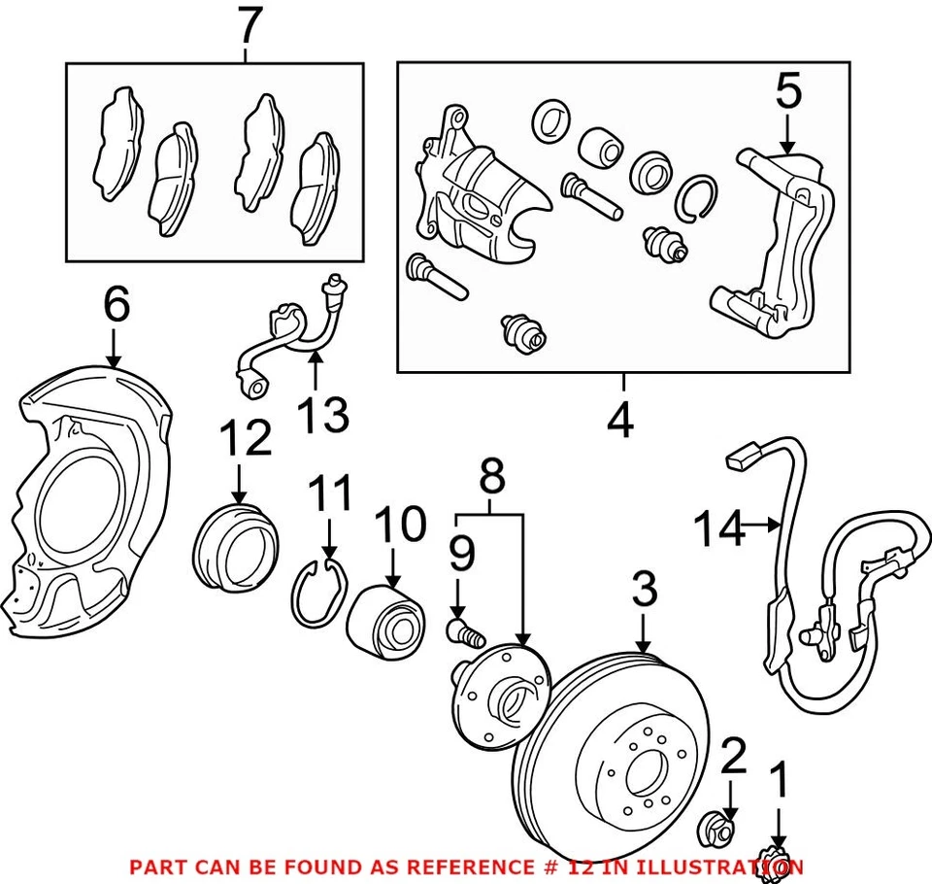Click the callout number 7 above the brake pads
click(x=249, y=27)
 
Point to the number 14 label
click(x=719, y=530)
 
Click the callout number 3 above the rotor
click(x=644, y=591)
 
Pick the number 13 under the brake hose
click(x=321, y=417)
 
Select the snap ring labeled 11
click(x=319, y=593)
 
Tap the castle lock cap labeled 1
click(x=777, y=863)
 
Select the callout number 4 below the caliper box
click(x=619, y=421)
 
